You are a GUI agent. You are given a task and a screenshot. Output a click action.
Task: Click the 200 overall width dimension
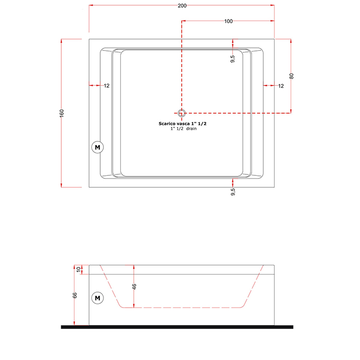pos(182,6)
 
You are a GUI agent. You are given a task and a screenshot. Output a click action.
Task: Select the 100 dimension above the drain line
pos(228,21)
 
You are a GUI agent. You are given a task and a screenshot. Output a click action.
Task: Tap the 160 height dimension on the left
pos(62,113)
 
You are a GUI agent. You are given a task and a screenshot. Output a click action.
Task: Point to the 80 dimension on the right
pos(292,76)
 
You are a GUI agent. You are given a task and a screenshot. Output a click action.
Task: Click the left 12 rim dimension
pos(106,86)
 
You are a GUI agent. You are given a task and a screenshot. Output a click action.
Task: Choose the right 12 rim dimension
pos(281,86)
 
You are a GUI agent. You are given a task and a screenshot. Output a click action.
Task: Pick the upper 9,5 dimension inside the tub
pos(232,59)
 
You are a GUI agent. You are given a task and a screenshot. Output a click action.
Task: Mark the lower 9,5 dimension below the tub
pos(232,192)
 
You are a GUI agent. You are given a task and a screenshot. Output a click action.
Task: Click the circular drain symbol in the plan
pos(182,113)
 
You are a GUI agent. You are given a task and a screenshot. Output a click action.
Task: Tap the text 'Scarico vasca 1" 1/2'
pos(183,123)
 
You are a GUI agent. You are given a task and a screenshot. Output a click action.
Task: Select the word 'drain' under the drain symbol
pos(191,129)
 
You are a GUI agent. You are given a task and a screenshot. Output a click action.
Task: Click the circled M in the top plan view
pos(98,147)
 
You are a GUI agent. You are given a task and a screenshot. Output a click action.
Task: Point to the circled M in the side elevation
pos(98,298)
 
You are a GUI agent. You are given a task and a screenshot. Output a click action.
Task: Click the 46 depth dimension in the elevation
pos(134,286)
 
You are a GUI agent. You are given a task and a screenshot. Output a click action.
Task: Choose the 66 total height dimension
pos(75,295)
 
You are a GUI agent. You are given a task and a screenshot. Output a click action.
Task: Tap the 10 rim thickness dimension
pos(79,269)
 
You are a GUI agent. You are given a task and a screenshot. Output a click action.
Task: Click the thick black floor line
pos(177,327)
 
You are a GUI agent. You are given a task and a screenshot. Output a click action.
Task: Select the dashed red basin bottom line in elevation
pos(182,308)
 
